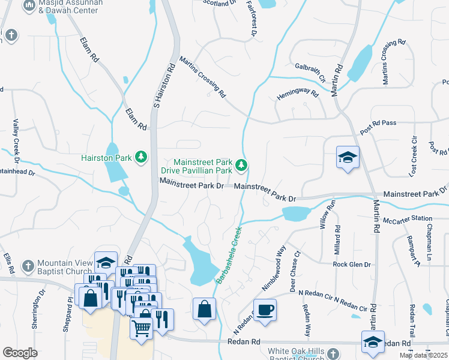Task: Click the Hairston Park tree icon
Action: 142,158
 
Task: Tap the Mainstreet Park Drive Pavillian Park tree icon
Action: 241,164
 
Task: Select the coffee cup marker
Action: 265,310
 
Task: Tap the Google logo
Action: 20,353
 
